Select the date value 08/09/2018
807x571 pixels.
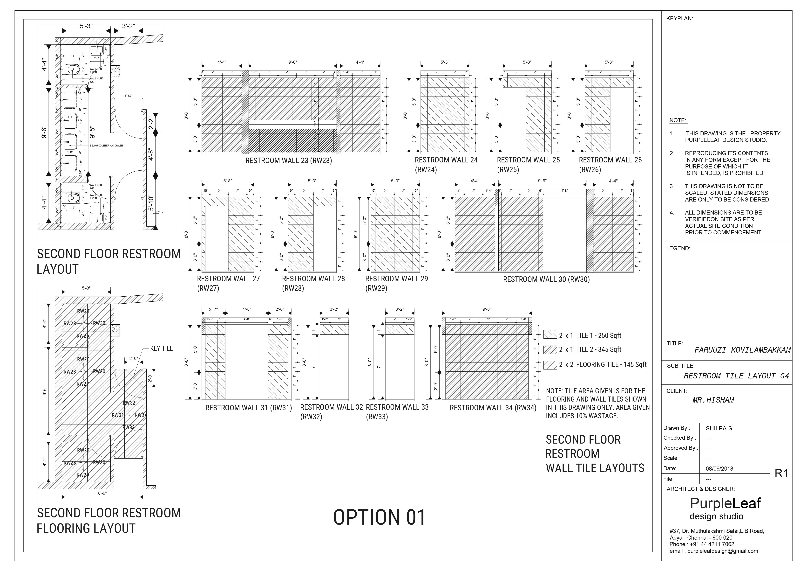click(719, 469)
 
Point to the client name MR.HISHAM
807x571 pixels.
click(713, 400)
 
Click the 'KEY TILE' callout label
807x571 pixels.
click(161, 348)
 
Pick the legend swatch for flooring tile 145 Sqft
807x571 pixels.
click(550, 365)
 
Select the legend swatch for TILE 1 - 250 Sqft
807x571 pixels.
click(550, 334)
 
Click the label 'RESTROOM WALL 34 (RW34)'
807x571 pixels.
click(493, 408)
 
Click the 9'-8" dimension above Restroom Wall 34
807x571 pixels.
click(487, 309)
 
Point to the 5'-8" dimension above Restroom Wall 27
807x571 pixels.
click(228, 181)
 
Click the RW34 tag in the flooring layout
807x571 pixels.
click(141, 415)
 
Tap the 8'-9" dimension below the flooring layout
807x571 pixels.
click(102, 493)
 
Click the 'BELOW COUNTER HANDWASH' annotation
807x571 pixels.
click(106, 146)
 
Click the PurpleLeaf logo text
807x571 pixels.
click(725, 503)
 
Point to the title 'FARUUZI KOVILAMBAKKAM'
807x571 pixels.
click(742, 350)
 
